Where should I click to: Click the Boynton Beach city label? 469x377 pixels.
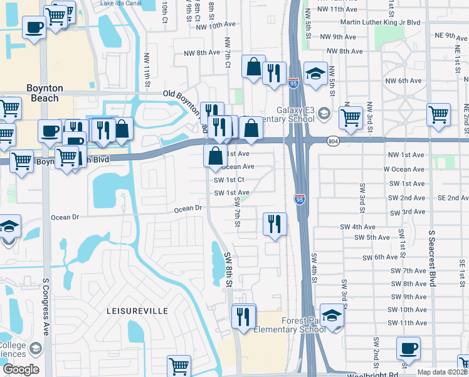(x=43, y=93)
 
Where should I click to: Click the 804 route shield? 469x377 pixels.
(x=333, y=143)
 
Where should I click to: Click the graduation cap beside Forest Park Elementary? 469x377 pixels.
(x=332, y=314)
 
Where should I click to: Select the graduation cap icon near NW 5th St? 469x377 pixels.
(x=315, y=72)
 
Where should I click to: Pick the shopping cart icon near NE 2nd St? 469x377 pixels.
(x=438, y=115)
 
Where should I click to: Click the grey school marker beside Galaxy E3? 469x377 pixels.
(x=324, y=113)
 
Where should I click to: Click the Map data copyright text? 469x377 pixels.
(x=443, y=372)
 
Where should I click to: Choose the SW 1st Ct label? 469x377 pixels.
(x=229, y=180)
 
